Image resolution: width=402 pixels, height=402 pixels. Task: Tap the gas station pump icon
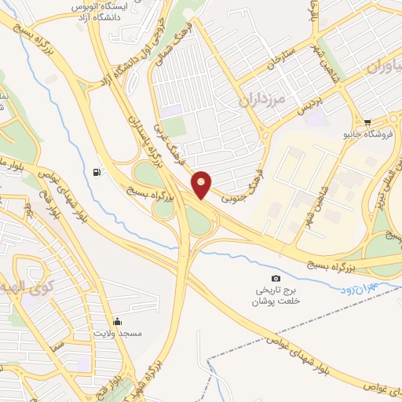(96, 172)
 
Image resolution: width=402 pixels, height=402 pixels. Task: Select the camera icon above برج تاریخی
(275, 279)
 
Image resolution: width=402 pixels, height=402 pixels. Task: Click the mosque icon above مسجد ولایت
(117, 321)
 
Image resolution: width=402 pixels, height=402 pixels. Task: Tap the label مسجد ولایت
(118, 334)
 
